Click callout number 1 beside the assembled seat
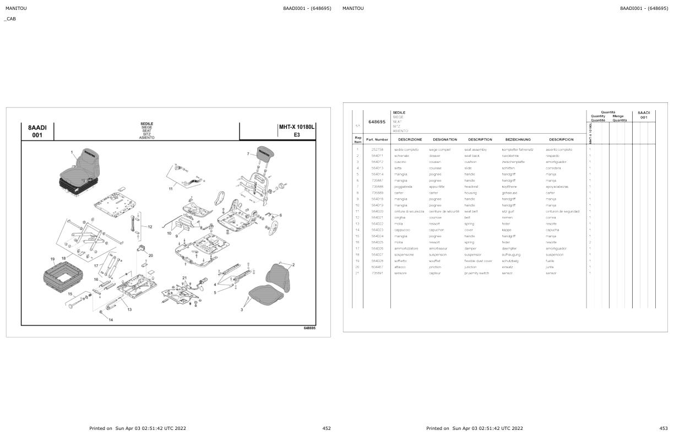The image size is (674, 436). pyautogui.click(x=72, y=151)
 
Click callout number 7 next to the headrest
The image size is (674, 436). pyautogui.click(x=248, y=154)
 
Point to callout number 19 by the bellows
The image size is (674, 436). pyautogui.click(x=52, y=259)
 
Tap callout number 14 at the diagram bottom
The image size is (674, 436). pyautogui.click(x=111, y=320)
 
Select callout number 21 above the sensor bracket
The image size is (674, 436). pyautogui.click(x=184, y=277)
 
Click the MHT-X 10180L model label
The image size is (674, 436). pyautogui.click(x=296, y=127)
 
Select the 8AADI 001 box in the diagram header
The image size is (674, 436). pyautogui.click(x=37, y=131)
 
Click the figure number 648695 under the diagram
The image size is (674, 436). pyautogui.click(x=309, y=328)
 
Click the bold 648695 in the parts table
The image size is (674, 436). pyautogui.click(x=377, y=122)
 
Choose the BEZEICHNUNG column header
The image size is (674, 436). pyautogui.click(x=518, y=139)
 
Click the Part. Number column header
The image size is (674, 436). pyautogui.click(x=377, y=139)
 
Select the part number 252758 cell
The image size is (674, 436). pyautogui.click(x=377, y=150)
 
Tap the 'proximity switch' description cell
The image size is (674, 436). pyautogui.click(x=476, y=273)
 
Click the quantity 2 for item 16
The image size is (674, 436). pyautogui.click(x=590, y=242)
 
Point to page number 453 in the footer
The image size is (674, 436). pyautogui.click(x=663, y=428)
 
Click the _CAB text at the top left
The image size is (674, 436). pyautogui.click(x=10, y=19)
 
